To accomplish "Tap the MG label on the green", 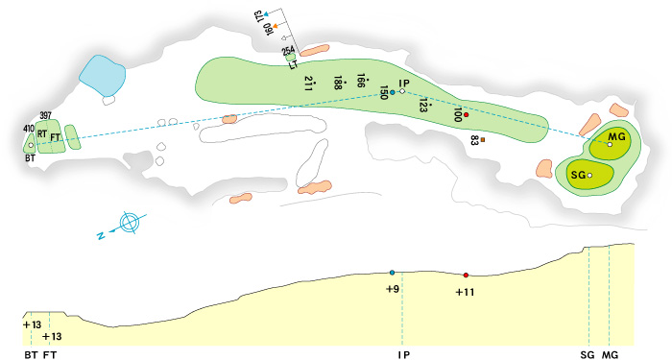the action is (x=617, y=137).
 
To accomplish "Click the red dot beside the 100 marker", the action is (x=466, y=115).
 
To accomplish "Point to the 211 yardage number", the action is (x=308, y=83).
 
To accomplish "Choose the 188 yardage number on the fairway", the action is (x=338, y=84).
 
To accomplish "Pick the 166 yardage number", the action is (x=361, y=82).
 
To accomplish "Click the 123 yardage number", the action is (x=422, y=105).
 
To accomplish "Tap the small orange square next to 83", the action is (x=483, y=140).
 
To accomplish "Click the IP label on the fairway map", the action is (x=404, y=84).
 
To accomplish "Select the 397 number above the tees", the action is (x=44, y=115).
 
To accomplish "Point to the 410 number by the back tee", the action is (x=28, y=128).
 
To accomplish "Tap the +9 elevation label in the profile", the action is (x=392, y=288).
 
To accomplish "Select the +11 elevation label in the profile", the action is (x=465, y=291).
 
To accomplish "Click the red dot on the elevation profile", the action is (x=466, y=275).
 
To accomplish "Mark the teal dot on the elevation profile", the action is (x=392, y=273).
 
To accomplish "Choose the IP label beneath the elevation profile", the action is (x=403, y=354).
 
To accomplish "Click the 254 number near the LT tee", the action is (x=288, y=50).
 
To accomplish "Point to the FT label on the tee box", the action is (x=56, y=137).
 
